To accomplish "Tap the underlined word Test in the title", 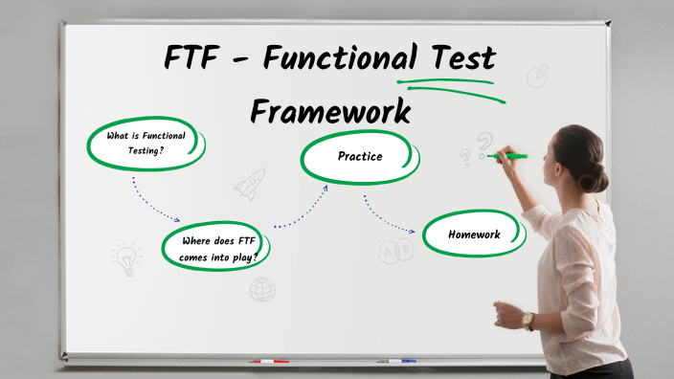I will tap(458, 58).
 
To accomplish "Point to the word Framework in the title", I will tap(330, 110).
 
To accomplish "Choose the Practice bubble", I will tap(360, 156).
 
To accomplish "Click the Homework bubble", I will tap(474, 234).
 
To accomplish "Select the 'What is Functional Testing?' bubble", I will tap(146, 144).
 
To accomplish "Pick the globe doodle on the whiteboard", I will tap(262, 288).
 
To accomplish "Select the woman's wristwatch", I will tap(528, 320).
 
